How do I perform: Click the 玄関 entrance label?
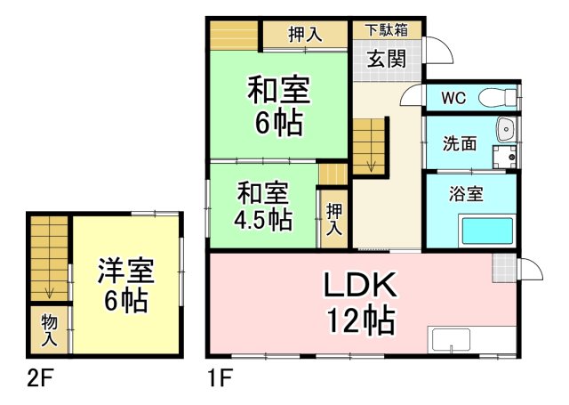(x=386, y=60)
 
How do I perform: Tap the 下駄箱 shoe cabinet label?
(x=387, y=29)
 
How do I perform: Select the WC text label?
(x=453, y=98)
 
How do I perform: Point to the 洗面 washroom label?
(x=459, y=144)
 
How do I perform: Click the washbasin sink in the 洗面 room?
(x=506, y=130)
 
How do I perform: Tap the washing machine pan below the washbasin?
(x=504, y=157)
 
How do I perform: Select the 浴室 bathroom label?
(x=466, y=194)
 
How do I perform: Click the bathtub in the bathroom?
(x=487, y=231)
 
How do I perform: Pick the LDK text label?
(x=359, y=285)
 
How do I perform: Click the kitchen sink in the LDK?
(x=449, y=340)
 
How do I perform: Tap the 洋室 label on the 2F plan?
(x=126, y=271)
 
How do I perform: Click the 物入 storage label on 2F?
(x=49, y=330)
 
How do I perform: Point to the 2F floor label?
(x=40, y=379)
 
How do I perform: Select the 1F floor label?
(x=220, y=378)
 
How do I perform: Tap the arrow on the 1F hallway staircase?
(x=371, y=166)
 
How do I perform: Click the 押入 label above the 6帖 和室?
(x=305, y=35)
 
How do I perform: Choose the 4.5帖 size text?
(x=263, y=220)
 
